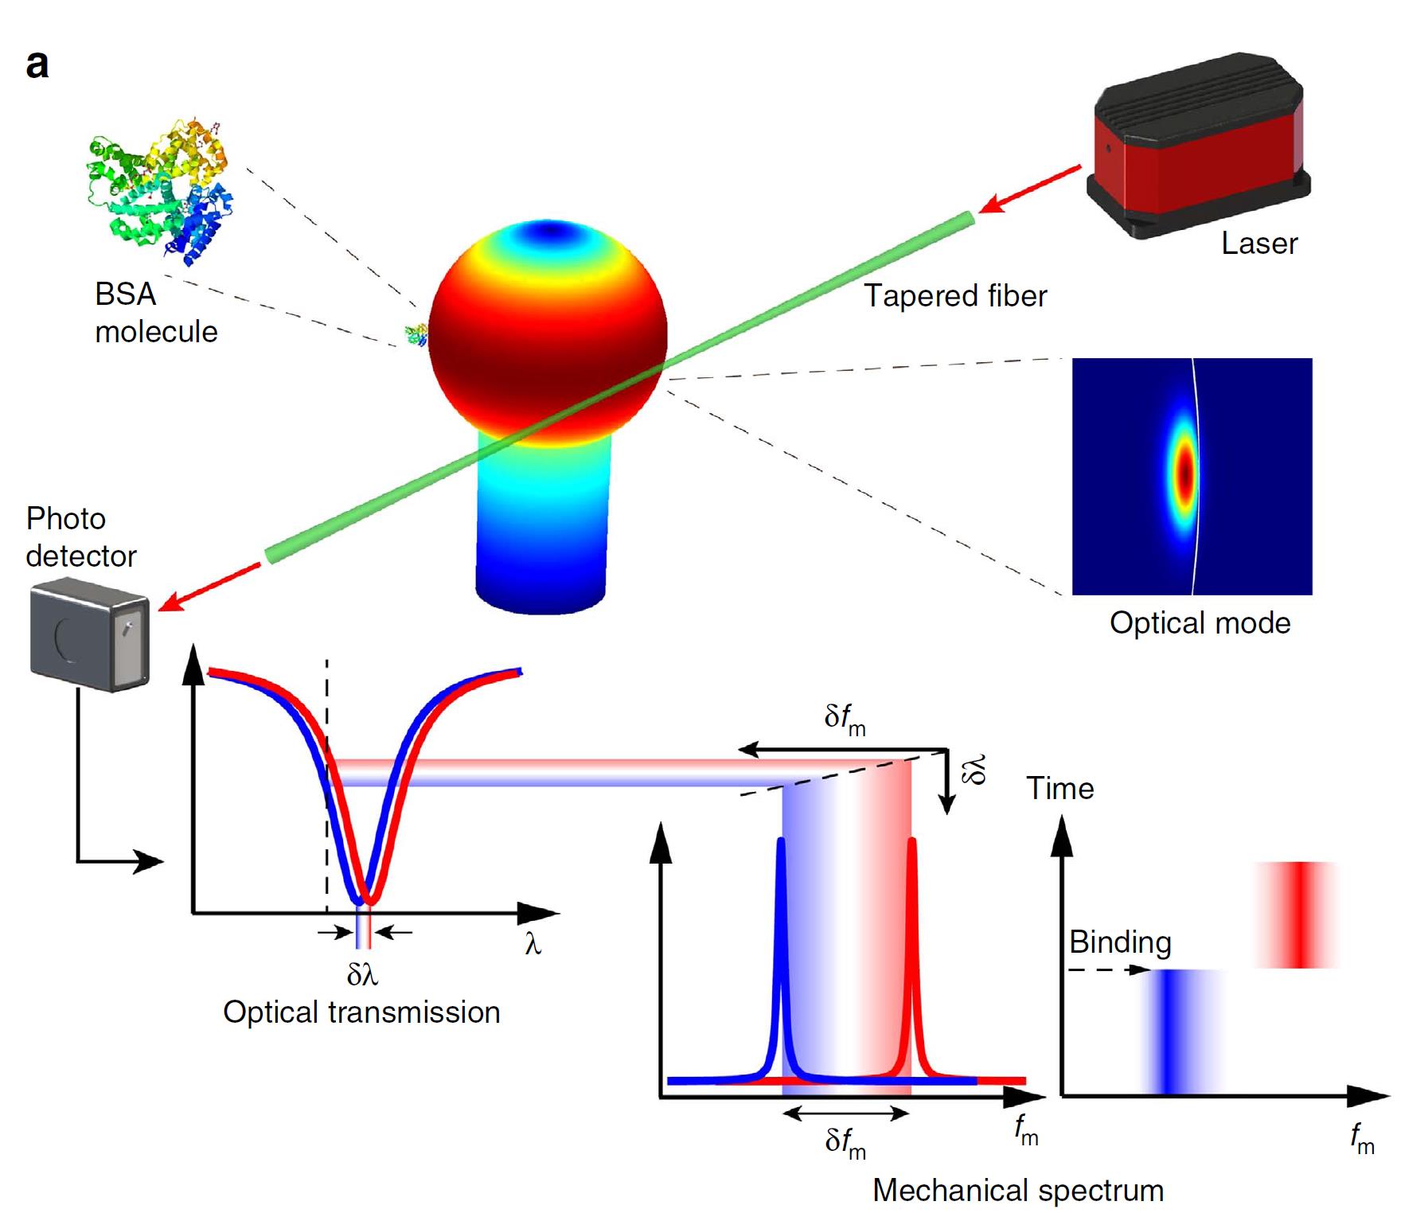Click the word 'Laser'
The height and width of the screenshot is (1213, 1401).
(1259, 244)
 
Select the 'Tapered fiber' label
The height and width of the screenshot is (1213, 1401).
(955, 296)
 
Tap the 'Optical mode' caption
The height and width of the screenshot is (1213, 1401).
(1200, 623)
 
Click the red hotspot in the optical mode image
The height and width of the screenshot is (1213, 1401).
(1185, 474)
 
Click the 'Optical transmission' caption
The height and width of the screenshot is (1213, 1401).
(361, 1012)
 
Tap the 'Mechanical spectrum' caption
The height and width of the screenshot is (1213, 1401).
(1017, 1191)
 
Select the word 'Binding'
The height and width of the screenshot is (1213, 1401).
(1119, 942)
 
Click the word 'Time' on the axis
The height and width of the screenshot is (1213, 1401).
(1060, 789)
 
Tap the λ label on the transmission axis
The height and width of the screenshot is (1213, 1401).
(533, 945)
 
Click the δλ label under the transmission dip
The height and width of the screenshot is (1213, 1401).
(362, 974)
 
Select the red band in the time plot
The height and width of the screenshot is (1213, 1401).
(1298, 915)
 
